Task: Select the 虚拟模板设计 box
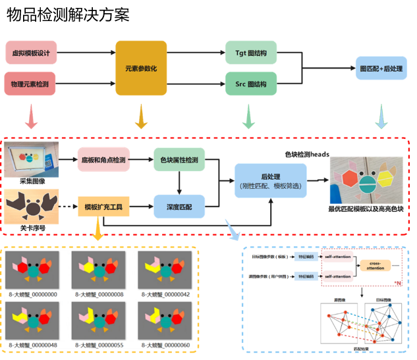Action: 31,52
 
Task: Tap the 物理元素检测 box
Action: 31,84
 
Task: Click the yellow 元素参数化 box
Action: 140,68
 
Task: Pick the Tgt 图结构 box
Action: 250,52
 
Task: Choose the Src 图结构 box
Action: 250,84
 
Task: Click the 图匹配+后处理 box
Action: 381,68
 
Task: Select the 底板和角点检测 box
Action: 103,160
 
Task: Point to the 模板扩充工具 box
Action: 103,206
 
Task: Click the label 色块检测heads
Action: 306,154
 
